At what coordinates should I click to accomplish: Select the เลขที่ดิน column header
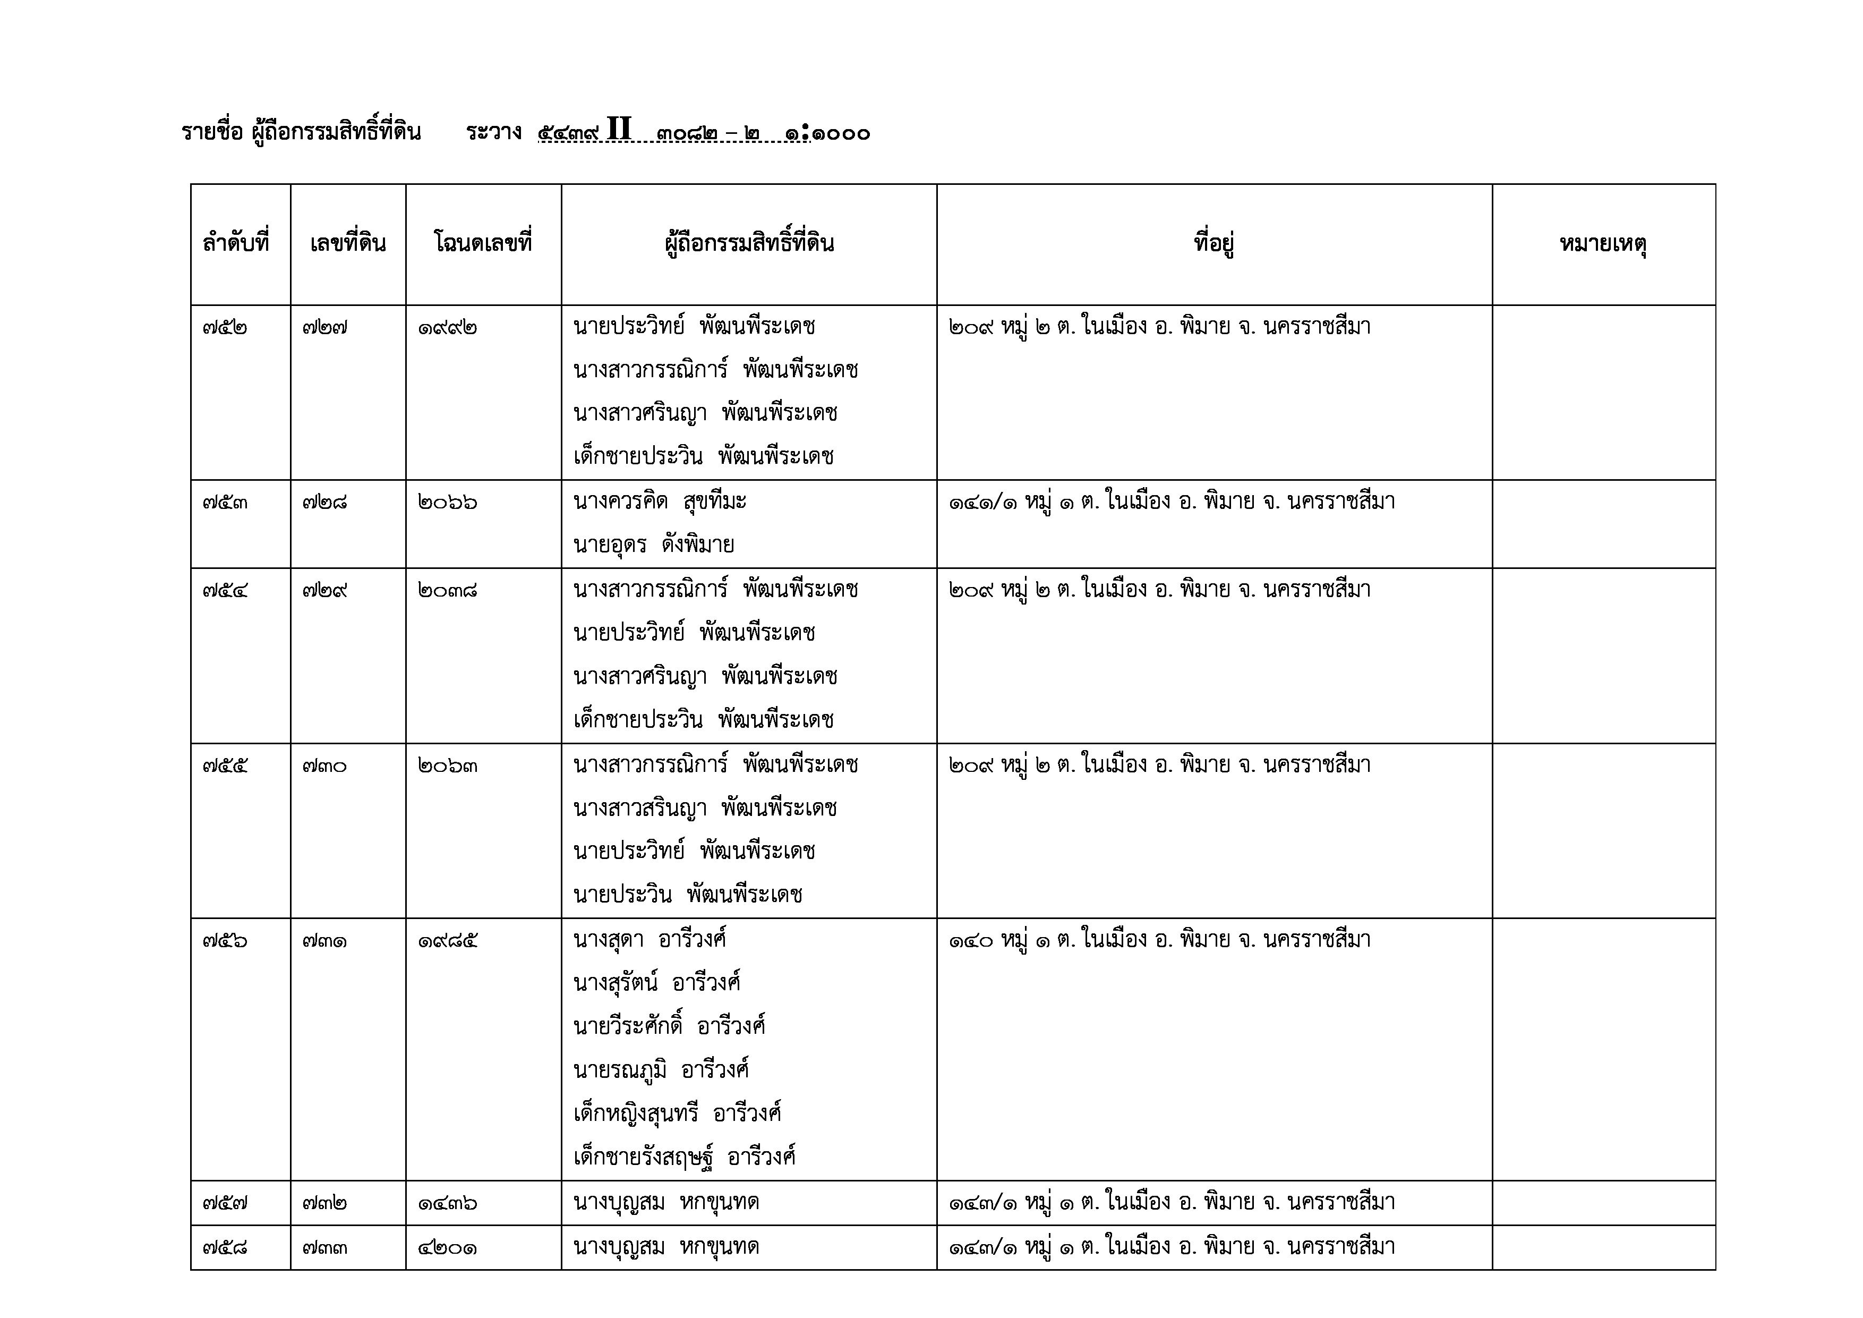click(x=347, y=243)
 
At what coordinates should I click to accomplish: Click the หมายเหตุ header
click(x=1603, y=243)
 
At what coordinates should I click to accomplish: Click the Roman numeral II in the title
click(x=618, y=130)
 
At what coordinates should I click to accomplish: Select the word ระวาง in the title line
click(x=493, y=132)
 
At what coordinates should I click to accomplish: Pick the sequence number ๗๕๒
click(x=225, y=328)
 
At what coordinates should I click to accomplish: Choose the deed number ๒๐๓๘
click(x=448, y=590)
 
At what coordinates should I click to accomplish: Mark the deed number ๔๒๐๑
click(x=448, y=1247)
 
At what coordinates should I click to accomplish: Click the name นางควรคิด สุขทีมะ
click(x=660, y=501)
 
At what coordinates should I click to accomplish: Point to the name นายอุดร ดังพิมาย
click(x=653, y=545)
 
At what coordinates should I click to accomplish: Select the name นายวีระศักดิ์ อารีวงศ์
click(x=669, y=1026)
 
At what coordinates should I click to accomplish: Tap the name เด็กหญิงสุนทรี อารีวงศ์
click(x=677, y=1113)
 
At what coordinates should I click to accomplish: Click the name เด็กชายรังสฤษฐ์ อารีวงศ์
click(x=684, y=1157)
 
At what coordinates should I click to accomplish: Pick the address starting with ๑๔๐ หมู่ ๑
click(x=1159, y=940)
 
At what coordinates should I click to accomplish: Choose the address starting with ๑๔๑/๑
click(x=1172, y=501)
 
